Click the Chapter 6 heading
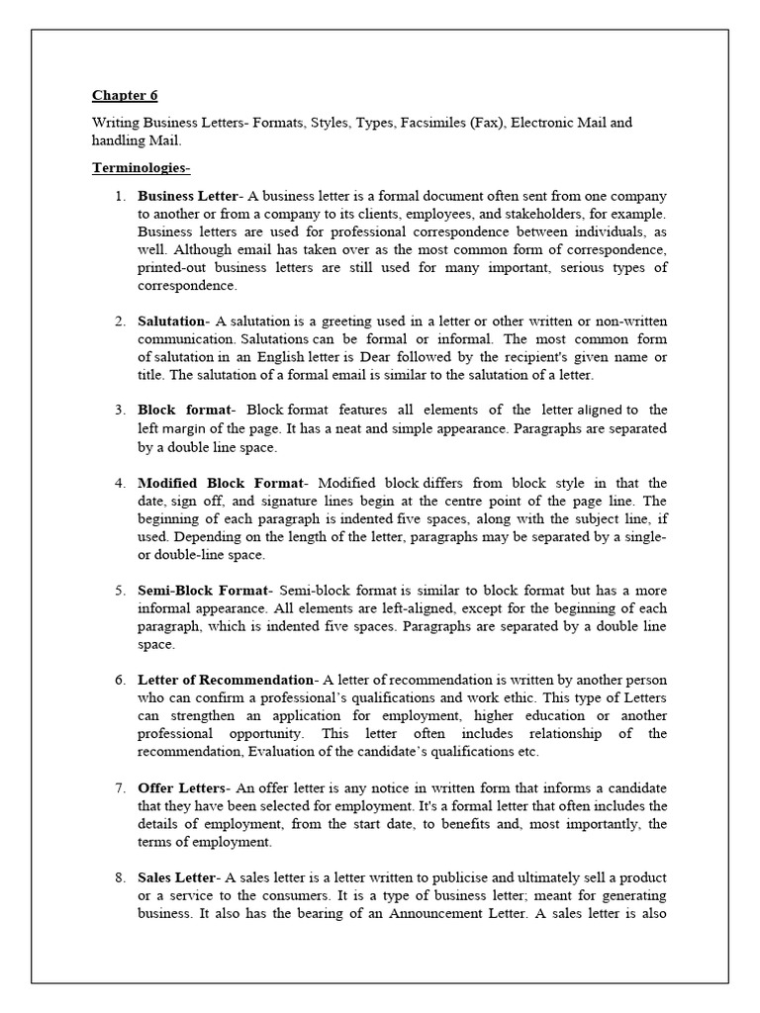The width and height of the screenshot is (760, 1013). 125,96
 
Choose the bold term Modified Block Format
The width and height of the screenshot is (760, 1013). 223,483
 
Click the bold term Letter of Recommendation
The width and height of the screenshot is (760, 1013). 225,680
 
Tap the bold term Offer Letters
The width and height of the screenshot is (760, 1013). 183,787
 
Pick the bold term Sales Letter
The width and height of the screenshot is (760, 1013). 178,877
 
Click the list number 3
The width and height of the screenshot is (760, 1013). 119,411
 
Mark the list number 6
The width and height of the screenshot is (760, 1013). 119,680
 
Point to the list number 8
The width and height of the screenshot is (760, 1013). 119,877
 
